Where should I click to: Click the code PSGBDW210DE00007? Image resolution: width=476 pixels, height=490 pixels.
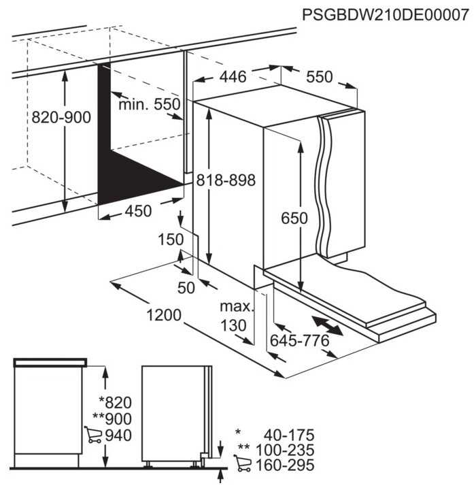[386, 15]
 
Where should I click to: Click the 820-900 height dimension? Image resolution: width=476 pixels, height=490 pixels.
[61, 118]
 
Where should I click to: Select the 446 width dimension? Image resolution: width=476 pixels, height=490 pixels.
[233, 76]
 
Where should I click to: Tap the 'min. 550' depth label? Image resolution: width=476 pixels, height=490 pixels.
[150, 104]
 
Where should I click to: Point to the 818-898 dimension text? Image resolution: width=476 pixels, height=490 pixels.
[226, 180]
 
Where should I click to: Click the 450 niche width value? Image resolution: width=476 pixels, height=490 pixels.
[138, 211]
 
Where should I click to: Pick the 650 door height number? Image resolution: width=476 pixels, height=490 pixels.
[294, 218]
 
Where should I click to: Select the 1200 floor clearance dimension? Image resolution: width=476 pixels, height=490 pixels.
[164, 315]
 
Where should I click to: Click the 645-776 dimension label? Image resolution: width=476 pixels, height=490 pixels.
[299, 341]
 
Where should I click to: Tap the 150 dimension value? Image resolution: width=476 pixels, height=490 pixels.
[171, 240]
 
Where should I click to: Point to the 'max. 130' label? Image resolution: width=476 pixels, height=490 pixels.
[237, 316]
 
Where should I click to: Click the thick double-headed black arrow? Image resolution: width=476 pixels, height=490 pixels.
[327, 325]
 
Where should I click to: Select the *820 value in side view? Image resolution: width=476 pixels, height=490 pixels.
[115, 402]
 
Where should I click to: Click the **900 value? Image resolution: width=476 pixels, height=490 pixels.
[112, 419]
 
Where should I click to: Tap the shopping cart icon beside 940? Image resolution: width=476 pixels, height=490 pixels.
[93, 434]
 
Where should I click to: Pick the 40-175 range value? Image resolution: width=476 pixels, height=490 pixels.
[289, 435]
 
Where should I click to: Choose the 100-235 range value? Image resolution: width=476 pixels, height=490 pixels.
[285, 451]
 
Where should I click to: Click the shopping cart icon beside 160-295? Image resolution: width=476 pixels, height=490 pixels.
[242, 463]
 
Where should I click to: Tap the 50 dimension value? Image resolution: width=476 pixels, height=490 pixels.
[186, 287]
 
